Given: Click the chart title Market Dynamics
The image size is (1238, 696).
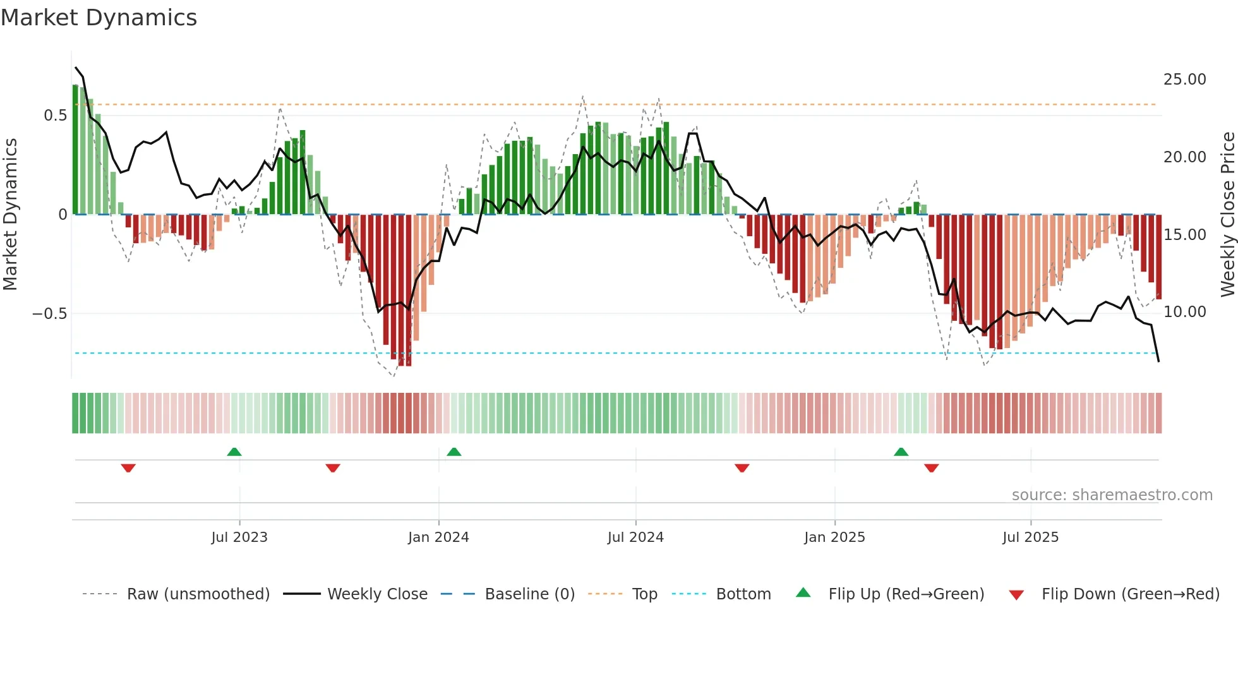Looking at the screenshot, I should (x=99, y=18).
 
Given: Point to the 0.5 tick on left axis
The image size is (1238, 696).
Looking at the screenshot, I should (x=55, y=116).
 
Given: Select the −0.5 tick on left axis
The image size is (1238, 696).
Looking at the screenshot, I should (x=50, y=314).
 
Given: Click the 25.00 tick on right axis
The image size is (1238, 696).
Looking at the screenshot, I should (x=1184, y=80).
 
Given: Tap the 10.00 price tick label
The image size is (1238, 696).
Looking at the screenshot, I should (x=1184, y=312).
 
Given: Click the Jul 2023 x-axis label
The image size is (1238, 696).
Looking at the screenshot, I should (x=239, y=537).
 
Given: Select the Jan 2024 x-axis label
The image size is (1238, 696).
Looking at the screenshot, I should (x=438, y=537).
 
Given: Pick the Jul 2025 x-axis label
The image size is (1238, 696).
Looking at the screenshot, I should (x=1030, y=537).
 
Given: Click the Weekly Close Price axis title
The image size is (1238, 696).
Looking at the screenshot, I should (x=1227, y=215).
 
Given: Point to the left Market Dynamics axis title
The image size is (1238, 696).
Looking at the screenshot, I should (x=10, y=215).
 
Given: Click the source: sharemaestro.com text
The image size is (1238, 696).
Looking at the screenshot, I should (x=1112, y=495).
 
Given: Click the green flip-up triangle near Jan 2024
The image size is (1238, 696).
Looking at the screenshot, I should (x=454, y=452).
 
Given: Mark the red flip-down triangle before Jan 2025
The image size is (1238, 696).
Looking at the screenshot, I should (x=742, y=468).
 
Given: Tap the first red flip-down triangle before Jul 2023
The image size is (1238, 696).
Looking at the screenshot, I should (x=128, y=468).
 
